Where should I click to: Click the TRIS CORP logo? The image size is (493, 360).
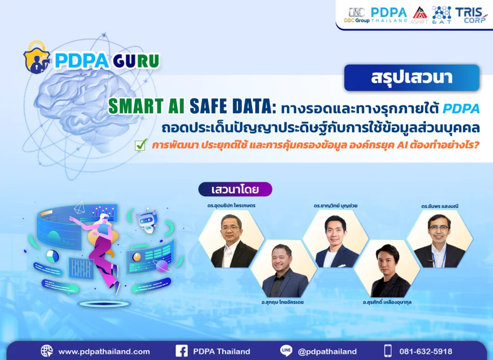(x=472, y=15)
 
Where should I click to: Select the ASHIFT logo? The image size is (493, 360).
(x=419, y=15)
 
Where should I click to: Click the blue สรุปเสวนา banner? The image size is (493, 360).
(x=412, y=78)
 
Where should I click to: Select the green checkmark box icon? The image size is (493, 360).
(x=141, y=144)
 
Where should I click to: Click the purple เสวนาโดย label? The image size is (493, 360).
(x=235, y=189)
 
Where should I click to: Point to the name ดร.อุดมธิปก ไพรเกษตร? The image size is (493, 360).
(x=231, y=206)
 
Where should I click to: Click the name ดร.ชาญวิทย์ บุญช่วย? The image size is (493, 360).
(x=335, y=206)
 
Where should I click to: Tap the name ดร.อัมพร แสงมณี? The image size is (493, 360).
(x=439, y=206)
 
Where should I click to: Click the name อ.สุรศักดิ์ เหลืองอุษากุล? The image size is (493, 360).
(x=388, y=302)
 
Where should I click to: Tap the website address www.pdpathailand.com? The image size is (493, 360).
(x=104, y=351)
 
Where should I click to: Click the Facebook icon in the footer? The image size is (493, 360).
(x=182, y=351)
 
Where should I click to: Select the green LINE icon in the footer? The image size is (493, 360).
(x=286, y=351)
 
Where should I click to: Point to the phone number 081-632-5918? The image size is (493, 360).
(x=426, y=351)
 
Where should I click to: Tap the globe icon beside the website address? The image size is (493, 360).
(x=47, y=351)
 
